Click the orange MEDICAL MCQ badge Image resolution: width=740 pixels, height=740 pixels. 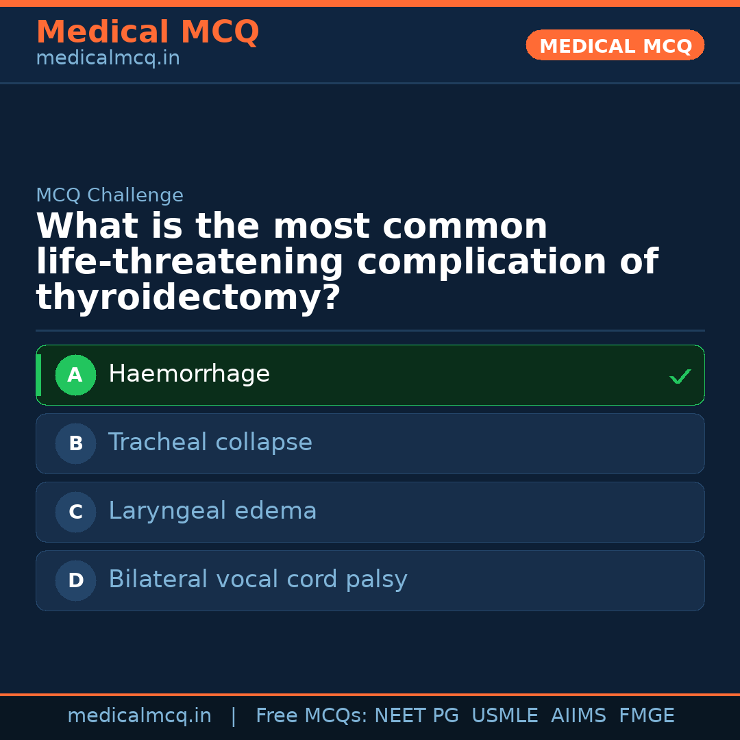[x=615, y=45]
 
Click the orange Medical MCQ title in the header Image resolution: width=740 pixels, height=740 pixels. [x=147, y=32]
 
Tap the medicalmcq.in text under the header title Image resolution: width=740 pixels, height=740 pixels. [x=108, y=58]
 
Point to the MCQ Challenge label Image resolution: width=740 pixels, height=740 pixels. [x=110, y=195]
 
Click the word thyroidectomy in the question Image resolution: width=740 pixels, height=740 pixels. [x=188, y=298]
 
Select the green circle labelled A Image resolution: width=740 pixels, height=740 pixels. [x=75, y=375]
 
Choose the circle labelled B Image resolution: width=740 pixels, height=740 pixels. [x=75, y=443]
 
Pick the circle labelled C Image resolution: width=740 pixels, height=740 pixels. [x=75, y=512]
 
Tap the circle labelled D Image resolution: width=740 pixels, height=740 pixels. [x=75, y=580]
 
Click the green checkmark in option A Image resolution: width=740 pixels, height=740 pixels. [x=680, y=376]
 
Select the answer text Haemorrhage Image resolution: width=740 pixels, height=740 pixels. [x=189, y=374]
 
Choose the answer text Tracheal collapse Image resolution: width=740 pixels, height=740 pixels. [x=210, y=443]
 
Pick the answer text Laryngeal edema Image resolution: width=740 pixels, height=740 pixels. [x=212, y=511]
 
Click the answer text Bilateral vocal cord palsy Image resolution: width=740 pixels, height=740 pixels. [x=258, y=580]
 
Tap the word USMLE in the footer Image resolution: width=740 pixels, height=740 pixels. [x=504, y=716]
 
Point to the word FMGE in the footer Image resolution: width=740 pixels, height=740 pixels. [x=646, y=716]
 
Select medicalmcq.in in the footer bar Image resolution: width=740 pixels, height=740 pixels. [x=139, y=716]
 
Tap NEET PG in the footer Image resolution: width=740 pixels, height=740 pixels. [x=417, y=716]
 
